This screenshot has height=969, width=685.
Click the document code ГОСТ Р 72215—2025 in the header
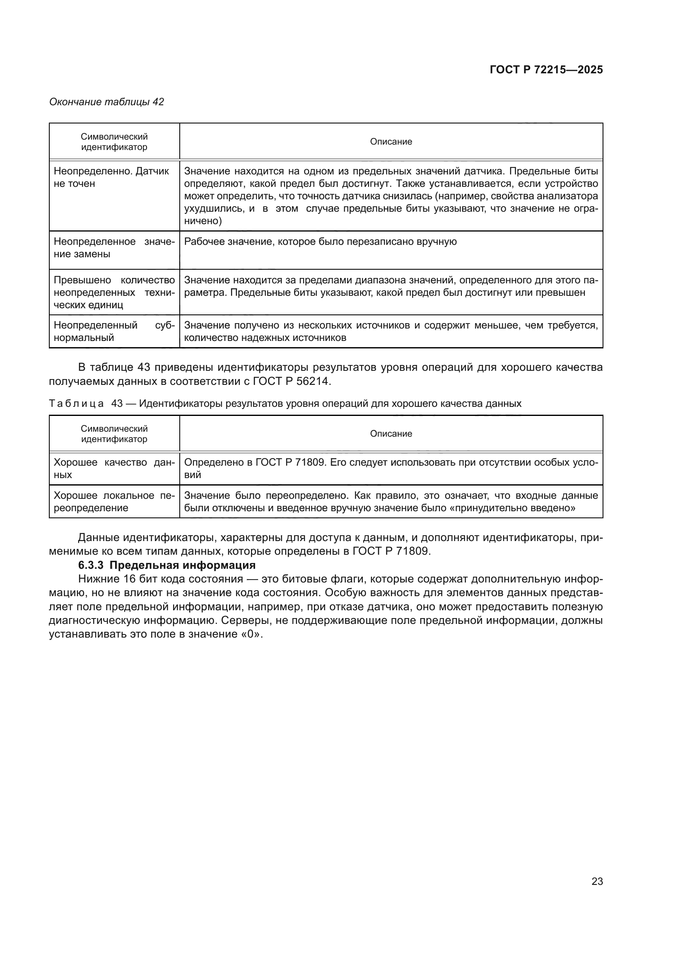546,70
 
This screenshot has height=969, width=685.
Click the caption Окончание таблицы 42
107,102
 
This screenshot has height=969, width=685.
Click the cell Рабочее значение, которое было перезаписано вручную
321,242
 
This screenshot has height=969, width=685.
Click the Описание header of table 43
391,433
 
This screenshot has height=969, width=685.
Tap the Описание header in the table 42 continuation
391,141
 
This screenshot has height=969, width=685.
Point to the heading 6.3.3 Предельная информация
167,565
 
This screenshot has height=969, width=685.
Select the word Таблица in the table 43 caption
76,404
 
